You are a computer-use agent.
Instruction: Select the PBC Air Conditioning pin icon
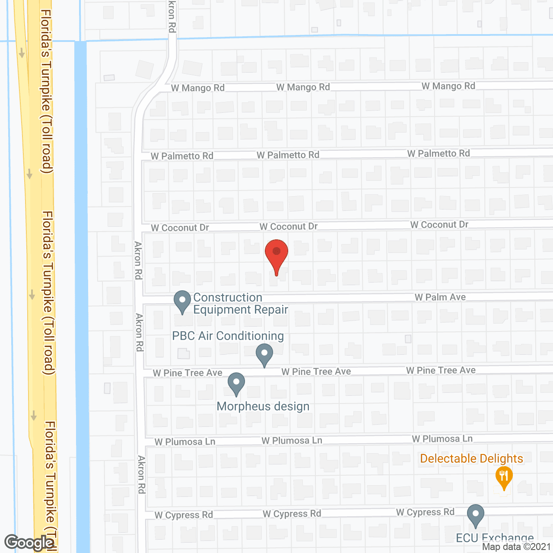tap(264, 354)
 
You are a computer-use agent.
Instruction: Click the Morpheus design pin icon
tap(236, 383)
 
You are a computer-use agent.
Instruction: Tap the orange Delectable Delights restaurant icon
tap(504, 477)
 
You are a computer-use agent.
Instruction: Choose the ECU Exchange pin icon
tap(476, 515)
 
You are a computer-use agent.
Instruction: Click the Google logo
tap(29, 543)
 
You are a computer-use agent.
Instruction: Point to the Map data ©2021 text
tap(517, 547)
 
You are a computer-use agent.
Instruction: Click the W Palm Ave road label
tap(440, 297)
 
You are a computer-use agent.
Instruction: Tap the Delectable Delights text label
tap(471, 458)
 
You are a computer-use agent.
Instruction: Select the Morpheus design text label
tap(263, 407)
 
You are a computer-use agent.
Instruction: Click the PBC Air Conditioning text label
tap(228, 336)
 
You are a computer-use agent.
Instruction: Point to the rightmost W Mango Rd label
tap(448, 86)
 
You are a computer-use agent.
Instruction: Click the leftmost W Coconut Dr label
tap(180, 228)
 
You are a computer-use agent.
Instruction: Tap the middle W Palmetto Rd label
tap(288, 155)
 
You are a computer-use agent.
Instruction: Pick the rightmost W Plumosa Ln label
tap(442, 439)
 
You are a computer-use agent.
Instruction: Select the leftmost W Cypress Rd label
tap(184, 515)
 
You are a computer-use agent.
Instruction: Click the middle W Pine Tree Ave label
tap(316, 372)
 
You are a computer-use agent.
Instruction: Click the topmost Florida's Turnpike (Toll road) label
tap(46, 91)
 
